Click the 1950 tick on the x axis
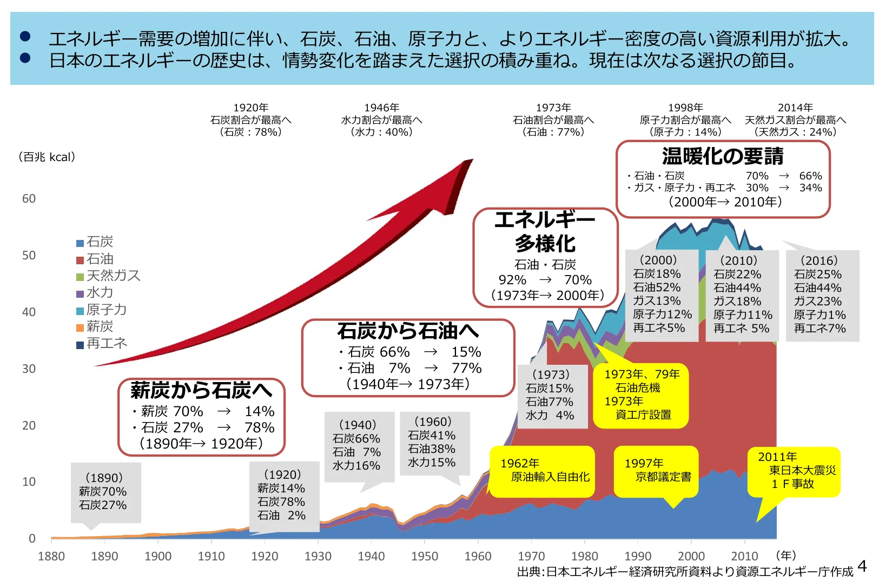(x=424, y=556)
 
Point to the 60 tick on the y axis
(x=29, y=199)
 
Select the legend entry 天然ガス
(x=113, y=276)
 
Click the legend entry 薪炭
(x=100, y=326)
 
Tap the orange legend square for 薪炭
(x=80, y=327)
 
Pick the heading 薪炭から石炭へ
(x=201, y=390)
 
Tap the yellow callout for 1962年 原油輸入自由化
(x=543, y=470)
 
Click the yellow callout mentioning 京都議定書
(x=656, y=470)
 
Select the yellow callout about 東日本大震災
(x=794, y=470)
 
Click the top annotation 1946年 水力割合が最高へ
(x=381, y=120)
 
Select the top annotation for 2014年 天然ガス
(x=795, y=120)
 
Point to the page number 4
(x=862, y=566)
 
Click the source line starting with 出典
(x=684, y=571)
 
